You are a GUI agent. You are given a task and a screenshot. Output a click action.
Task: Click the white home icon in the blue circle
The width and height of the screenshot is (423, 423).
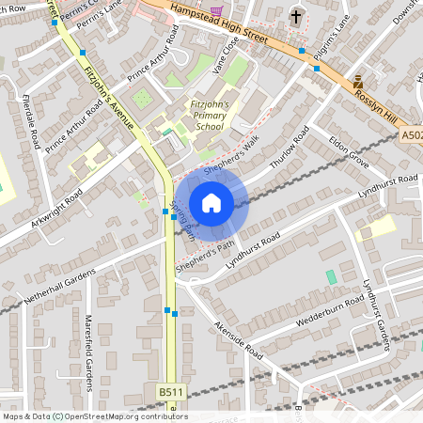pos(211,203)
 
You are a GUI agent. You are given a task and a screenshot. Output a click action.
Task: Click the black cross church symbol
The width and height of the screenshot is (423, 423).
pos(297,16)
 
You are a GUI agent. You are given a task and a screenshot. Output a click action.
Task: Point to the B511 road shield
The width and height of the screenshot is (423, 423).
pos(170,392)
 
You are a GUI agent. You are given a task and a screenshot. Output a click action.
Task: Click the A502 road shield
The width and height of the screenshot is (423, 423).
pos(411,136)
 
